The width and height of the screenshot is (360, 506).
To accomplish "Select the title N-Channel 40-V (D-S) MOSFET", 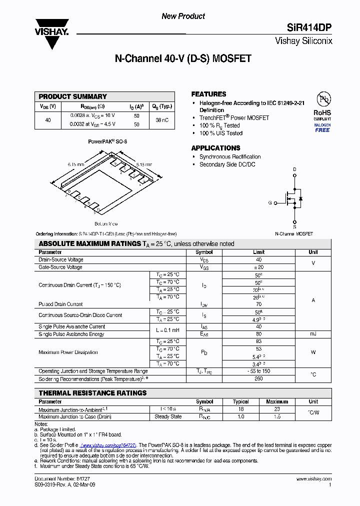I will coord(183,59).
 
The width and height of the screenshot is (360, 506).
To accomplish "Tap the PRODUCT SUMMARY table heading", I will coord(73,96).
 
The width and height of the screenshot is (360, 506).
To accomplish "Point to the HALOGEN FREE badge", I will coord(322,127).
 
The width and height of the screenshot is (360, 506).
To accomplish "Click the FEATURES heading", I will coord(208,94).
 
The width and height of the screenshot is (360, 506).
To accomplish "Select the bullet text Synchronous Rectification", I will coord(230,156).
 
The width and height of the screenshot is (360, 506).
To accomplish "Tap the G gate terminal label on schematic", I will coord(270,202).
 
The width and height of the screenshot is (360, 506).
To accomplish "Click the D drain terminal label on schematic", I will coord(294,170).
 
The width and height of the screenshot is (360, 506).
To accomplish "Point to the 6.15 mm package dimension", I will coord(76,164).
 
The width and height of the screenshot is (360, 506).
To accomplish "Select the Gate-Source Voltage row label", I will coord(60,267).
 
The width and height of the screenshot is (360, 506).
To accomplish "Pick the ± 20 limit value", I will coord(258,267).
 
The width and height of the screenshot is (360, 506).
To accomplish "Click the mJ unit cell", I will coord(313,334).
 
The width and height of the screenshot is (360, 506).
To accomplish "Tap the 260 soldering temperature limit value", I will coord(258,378).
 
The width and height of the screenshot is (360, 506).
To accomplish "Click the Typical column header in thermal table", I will coord(241,401).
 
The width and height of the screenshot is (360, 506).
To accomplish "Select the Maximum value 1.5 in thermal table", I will coord(276,416).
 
